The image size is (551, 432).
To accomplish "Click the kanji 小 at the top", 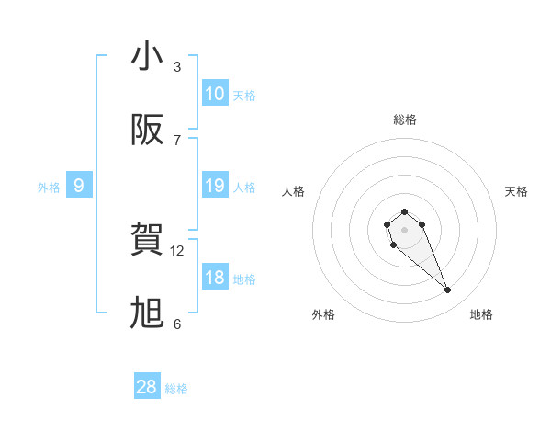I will point(147,57).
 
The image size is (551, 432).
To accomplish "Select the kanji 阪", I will point(147,131).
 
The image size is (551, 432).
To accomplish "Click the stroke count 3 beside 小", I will point(177,66).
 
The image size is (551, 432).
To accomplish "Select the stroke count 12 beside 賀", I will point(178,250).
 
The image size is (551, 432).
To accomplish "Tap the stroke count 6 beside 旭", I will point(177,324).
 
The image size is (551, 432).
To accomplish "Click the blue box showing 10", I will point(215,94).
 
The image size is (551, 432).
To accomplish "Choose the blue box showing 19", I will point(215,186).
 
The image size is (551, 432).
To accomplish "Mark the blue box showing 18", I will point(215,278).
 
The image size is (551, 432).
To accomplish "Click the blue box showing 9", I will point(79,186).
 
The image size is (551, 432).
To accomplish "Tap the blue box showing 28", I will point(147,387).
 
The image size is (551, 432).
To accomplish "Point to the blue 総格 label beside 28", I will point(176,389).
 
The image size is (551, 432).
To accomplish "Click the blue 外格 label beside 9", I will point(49,188).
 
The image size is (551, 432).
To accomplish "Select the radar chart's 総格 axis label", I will point(405,119).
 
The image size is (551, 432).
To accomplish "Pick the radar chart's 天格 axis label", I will point(516,191).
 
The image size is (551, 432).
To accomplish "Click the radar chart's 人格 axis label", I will point(294,191).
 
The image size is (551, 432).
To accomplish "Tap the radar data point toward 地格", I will point(448,290).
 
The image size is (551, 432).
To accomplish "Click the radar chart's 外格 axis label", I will point(323,314).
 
